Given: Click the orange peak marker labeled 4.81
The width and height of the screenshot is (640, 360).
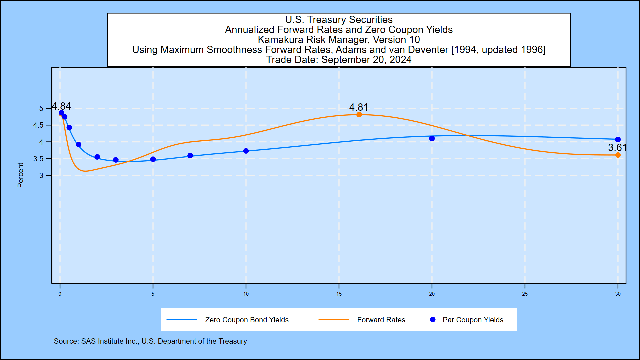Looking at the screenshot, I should (359, 115).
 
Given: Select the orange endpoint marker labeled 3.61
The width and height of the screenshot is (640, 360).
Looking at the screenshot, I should (618, 155).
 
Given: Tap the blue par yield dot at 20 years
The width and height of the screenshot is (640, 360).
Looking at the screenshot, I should (432, 138).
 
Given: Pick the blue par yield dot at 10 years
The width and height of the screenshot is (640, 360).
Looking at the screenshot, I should (246, 151).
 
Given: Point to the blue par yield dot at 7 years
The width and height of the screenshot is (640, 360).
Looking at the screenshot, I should (190, 156).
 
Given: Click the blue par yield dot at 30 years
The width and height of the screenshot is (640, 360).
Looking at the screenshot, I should (618, 140).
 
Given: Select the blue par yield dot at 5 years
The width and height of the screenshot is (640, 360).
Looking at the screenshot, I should (153, 159).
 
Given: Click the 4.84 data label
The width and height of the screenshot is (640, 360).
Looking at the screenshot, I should (61, 106).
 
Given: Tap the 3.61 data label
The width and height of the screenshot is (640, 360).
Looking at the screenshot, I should (617, 147).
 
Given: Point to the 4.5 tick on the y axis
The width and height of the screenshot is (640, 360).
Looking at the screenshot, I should (38, 125).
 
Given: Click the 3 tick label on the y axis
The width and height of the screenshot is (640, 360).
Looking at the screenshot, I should (41, 175).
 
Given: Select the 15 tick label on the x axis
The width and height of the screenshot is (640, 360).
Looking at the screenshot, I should (339, 294).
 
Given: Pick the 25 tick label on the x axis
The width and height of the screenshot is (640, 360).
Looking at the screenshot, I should (525, 294).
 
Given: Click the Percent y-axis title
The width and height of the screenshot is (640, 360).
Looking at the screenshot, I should (20, 175).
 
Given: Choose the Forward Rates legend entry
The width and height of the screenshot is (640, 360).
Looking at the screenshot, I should (381, 320).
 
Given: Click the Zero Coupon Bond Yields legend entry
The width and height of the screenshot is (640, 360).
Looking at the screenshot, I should (247, 320).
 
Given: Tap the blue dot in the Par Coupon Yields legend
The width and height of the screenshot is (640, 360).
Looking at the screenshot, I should (433, 320).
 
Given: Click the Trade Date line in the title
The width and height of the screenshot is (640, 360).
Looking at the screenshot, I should (339, 60).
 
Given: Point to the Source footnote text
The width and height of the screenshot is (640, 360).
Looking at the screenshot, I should (150, 341).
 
